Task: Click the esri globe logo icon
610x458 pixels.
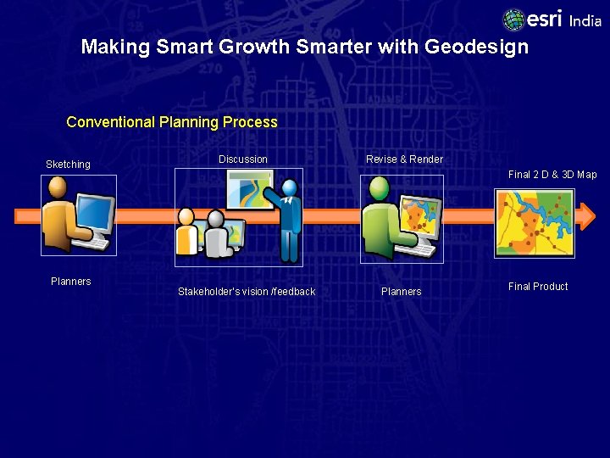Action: (514, 20)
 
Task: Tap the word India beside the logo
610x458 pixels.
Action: (585, 21)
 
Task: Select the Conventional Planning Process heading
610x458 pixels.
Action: (172, 122)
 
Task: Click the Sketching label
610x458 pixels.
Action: (68, 165)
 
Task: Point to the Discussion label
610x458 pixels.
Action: (243, 159)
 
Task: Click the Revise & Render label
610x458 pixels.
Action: (404, 159)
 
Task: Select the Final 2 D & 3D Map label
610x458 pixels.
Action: (552, 175)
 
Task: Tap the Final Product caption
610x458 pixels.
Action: (538, 287)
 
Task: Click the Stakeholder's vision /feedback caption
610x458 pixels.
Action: (247, 292)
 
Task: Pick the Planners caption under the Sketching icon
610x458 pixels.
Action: (71, 282)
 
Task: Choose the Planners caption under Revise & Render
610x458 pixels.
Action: (402, 292)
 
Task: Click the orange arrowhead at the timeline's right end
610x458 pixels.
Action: (585, 216)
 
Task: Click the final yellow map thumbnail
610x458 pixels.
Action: (535, 223)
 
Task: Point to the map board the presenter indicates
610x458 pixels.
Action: (249, 189)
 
